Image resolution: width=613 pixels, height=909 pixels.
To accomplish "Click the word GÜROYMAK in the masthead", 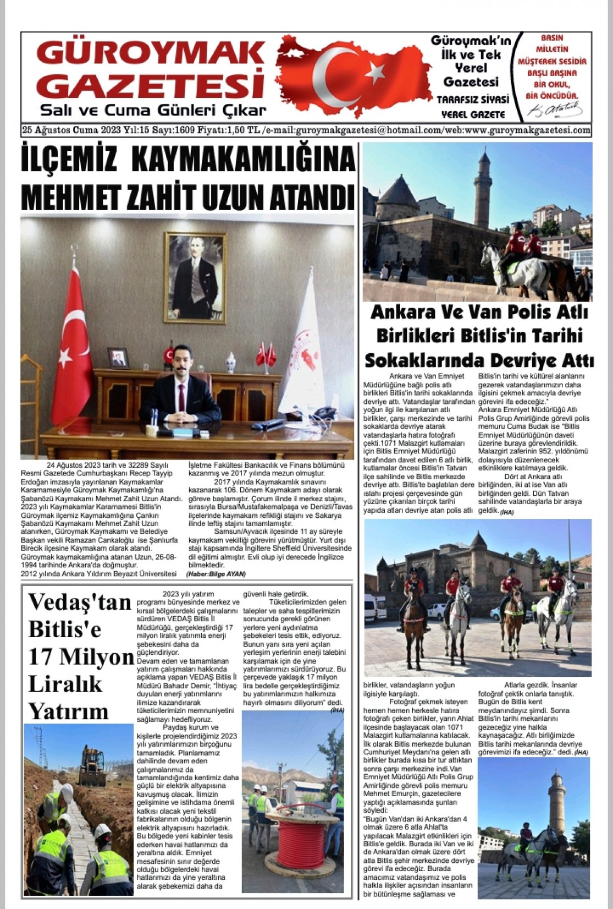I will [150, 53].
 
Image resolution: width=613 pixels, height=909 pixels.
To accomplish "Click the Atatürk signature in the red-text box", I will [556, 109].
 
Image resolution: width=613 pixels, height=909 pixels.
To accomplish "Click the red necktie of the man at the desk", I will [181, 397].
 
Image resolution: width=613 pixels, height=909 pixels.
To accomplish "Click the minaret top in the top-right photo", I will [484, 161].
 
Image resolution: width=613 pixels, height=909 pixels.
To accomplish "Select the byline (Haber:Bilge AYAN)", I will [216, 573].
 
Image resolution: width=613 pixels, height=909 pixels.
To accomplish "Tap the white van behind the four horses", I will [375, 607].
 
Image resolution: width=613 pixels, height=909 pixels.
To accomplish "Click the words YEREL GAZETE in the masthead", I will [473, 114].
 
